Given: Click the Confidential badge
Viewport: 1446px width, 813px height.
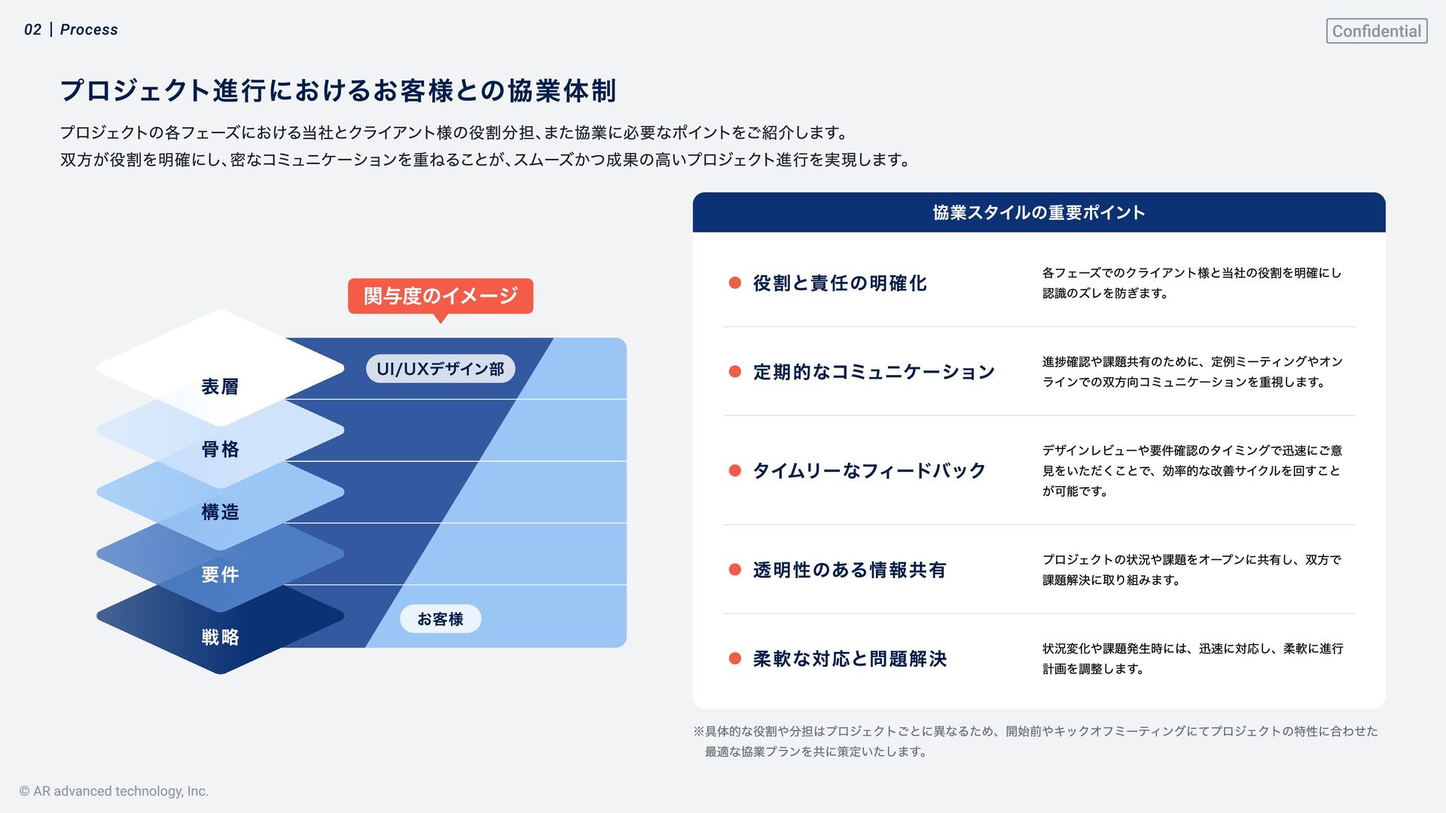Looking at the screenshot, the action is pos(1376,31).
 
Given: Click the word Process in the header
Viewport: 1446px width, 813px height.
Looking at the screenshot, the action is pos(89,29).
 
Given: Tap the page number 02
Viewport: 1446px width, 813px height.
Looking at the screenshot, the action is pos(32,29).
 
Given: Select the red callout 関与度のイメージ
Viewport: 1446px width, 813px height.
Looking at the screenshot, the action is pos(440,296).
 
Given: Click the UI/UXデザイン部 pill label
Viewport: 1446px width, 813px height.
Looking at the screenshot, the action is pos(440,369).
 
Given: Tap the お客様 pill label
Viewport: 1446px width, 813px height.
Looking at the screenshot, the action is pos(440,619).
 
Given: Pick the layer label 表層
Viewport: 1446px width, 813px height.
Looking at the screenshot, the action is pos(220,387).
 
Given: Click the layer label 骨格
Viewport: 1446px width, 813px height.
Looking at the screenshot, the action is pos(220,449).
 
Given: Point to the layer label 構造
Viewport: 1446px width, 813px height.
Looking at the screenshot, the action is pos(220,512).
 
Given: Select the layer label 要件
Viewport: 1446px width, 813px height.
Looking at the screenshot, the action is pos(220,574).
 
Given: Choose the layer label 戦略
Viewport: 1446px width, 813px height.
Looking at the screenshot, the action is pos(220,637).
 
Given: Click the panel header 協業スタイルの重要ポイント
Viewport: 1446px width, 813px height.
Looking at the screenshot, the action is pos(1039,212).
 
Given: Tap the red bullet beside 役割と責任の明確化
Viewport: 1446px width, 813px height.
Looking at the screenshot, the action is pos(735,282).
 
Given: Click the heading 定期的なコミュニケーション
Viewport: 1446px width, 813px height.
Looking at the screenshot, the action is pos(874,372).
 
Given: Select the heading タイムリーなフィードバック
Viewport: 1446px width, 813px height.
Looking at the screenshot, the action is pos(869,470).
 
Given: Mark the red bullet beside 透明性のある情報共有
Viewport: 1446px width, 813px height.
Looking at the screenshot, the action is pos(735,569).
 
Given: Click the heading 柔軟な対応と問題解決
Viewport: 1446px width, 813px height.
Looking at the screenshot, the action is pos(850,659).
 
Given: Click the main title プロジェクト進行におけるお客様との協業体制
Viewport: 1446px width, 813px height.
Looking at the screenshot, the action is pos(338,90).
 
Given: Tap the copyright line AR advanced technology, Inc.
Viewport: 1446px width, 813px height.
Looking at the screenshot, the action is pos(114,791).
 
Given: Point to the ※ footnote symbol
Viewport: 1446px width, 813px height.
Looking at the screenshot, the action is pos(698,731).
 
